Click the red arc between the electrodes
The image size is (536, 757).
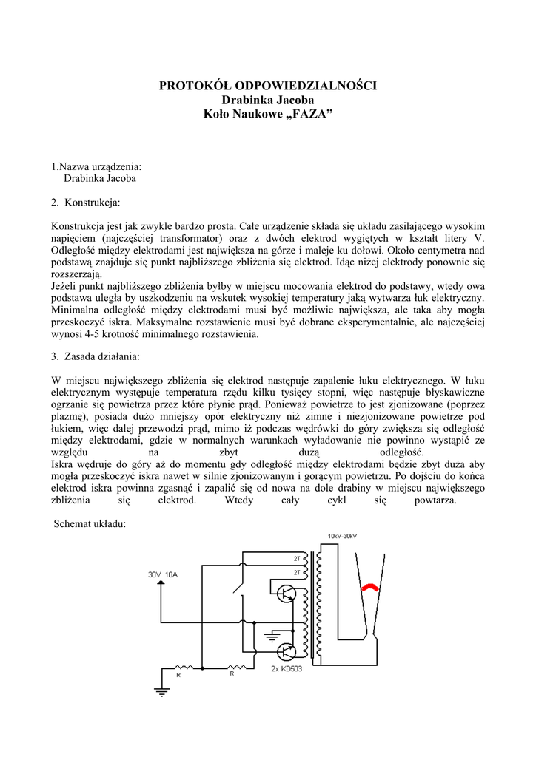coord(369,587)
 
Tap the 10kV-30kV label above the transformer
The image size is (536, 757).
coord(342,536)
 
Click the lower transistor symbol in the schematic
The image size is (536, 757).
coord(286,651)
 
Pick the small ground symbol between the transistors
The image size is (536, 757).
coord(273,634)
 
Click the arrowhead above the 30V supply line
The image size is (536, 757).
coord(160,584)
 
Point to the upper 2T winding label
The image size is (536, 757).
coord(297,558)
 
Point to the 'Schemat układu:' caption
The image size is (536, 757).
coord(91,524)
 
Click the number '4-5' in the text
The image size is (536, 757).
coord(98,334)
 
